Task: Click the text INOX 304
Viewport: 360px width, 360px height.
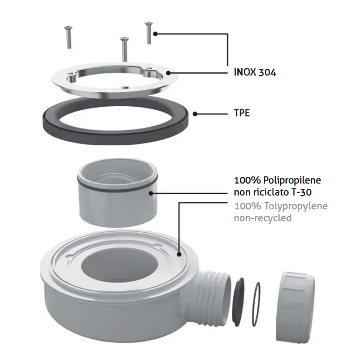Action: (x=255, y=73)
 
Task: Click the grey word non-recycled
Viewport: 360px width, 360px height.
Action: (x=262, y=218)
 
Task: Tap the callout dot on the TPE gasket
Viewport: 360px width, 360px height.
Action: (x=196, y=114)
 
